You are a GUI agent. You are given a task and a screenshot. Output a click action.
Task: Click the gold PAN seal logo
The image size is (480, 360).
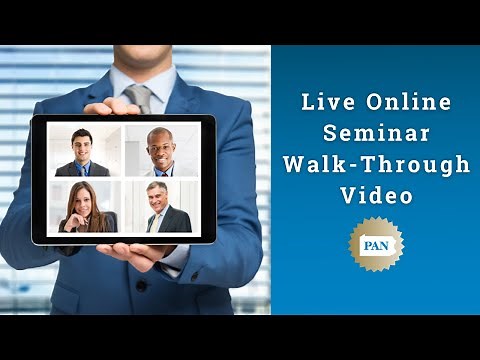tap(375, 245)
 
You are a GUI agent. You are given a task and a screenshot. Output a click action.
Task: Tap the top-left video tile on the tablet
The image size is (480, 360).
tap(84, 150)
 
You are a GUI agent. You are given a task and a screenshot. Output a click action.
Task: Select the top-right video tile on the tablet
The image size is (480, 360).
tap(161, 150)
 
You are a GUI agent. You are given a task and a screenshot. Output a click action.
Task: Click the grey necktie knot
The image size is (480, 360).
tap(140, 92)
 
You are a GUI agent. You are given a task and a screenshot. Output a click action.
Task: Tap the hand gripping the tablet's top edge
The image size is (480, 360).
tap(113, 106)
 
